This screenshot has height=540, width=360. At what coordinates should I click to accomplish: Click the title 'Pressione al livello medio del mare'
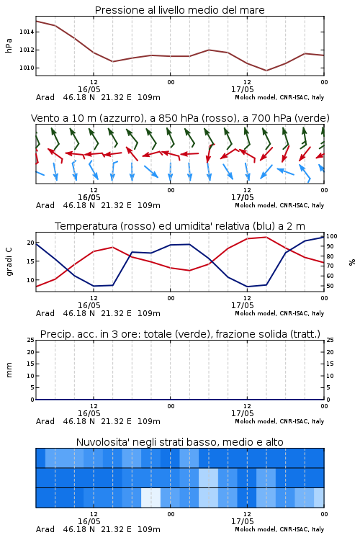[x=179, y=10]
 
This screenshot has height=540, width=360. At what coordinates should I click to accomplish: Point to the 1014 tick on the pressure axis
[x=27, y=32]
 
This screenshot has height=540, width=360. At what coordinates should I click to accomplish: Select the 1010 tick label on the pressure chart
[x=27, y=68]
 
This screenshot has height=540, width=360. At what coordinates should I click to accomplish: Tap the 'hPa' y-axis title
[x=9, y=45]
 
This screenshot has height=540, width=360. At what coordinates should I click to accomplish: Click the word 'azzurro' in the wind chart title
[x=120, y=118]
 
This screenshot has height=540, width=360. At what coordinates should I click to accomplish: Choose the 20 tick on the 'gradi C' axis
[x=31, y=243]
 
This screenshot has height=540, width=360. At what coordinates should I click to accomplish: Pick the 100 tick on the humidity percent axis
[x=332, y=236]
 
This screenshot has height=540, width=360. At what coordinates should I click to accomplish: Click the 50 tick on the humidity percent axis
[x=330, y=286]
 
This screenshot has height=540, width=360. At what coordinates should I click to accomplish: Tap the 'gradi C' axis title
[x=9, y=262]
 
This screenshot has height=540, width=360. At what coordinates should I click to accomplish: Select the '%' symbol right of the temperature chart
[x=352, y=262]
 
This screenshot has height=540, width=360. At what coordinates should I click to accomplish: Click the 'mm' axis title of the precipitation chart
[x=9, y=370]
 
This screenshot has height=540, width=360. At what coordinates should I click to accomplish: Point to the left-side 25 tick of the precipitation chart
[x=31, y=340]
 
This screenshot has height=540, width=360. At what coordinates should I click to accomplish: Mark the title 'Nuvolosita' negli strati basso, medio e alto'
[x=179, y=442]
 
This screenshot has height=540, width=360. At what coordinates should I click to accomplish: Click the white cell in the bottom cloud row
[x=151, y=498]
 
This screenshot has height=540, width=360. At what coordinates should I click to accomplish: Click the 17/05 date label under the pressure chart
[x=242, y=89]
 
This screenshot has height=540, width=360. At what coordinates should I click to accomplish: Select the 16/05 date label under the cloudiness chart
[x=89, y=521]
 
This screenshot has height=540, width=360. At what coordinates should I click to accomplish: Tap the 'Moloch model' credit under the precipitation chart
[x=256, y=421]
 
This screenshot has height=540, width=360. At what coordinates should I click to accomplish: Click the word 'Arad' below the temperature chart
[x=45, y=313]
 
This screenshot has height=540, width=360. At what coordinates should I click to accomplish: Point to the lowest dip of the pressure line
[x=266, y=71]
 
